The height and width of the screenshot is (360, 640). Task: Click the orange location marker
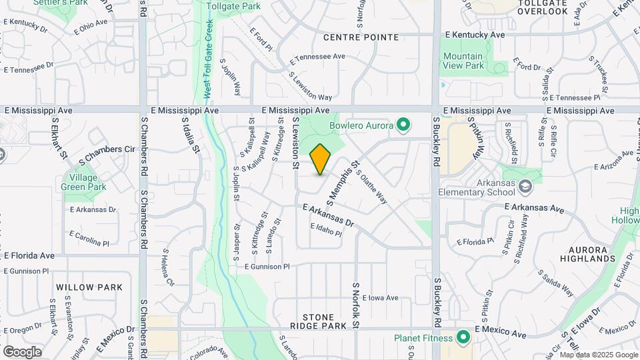321,159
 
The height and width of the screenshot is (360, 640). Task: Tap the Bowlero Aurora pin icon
403,125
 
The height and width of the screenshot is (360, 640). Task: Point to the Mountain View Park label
463,61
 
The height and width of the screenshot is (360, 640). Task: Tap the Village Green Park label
84,183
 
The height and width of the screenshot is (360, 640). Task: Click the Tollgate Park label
233,6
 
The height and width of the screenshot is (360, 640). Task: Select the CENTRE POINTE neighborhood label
361,37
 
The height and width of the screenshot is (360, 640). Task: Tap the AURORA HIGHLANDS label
587,253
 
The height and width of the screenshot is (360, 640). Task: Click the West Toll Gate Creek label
208,58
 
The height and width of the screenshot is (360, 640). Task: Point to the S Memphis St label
343,181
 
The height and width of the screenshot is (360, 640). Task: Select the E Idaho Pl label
326,230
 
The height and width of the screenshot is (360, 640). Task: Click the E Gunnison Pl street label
267,266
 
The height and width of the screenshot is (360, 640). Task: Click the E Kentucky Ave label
475,34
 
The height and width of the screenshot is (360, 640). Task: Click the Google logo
22,351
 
